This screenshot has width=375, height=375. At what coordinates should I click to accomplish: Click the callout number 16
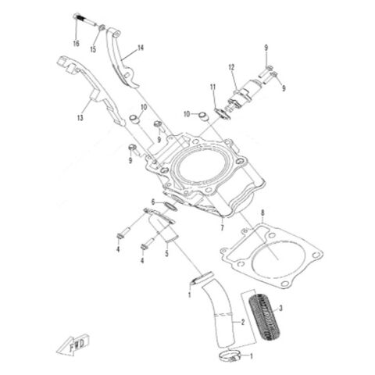76,43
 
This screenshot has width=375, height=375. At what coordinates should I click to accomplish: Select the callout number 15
93,49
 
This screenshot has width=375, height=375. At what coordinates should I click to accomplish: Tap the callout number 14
141,48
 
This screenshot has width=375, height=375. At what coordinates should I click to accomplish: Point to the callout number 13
80,118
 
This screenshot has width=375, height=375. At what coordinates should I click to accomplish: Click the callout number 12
231,67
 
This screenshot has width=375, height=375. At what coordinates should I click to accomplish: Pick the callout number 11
213,87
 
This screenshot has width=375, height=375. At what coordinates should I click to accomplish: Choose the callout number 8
262,212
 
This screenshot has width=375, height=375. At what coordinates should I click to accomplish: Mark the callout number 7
222,228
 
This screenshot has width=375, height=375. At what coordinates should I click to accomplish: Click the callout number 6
153,202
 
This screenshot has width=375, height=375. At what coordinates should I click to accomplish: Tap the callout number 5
166,253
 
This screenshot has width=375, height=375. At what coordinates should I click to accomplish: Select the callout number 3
280,309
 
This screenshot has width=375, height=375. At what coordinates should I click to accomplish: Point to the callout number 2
243,323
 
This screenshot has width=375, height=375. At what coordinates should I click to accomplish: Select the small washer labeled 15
102,27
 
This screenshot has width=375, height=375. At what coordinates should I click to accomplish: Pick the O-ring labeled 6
171,206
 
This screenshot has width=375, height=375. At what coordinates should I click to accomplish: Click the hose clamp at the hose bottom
229,355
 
